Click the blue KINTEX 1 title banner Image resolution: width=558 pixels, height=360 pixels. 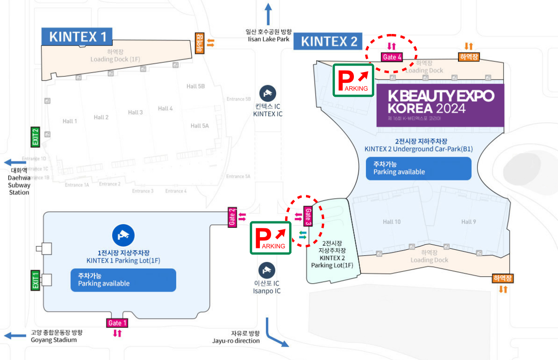[x=77, y=37]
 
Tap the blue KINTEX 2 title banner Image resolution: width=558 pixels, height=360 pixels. [x=328, y=41]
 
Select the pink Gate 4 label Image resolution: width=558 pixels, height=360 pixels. [x=392, y=57]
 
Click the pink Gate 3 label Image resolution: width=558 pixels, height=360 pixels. [x=307, y=216]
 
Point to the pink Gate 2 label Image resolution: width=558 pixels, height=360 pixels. [x=232, y=217]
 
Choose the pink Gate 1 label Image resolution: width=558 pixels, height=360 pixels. [x=117, y=323]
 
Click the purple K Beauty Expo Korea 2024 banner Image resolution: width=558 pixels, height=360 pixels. [x=440, y=105]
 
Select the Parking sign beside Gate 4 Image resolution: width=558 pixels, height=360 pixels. [x=353, y=80]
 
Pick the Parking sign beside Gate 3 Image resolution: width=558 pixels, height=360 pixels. [x=271, y=238]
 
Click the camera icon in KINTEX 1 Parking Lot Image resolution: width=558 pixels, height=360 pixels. [x=123, y=235]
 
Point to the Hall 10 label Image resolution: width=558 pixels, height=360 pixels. [x=391, y=222]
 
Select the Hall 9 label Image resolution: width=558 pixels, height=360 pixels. [x=468, y=222]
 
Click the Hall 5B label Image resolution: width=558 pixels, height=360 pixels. [x=195, y=86]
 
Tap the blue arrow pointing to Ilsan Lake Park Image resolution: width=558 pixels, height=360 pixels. [x=268, y=14]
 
